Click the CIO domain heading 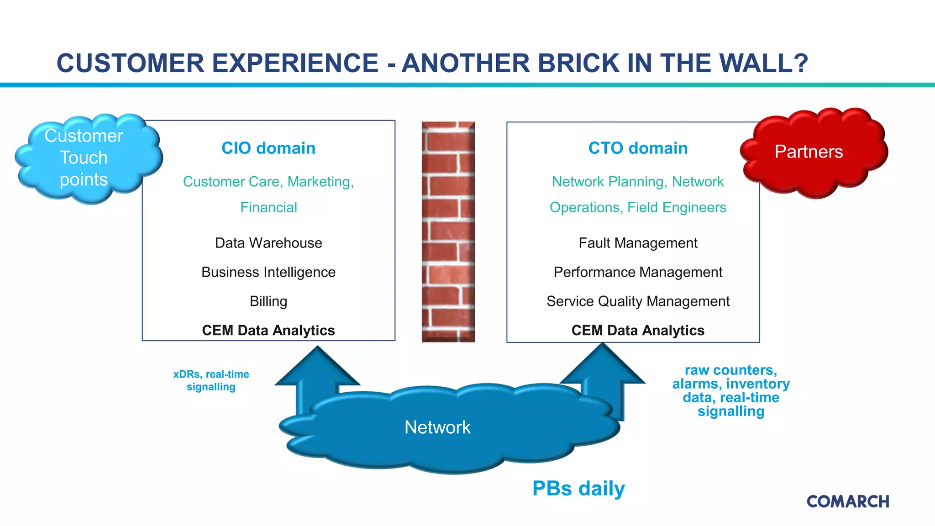point(268,148)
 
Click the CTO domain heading point(638,148)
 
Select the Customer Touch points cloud point(84,158)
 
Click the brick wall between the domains point(448,231)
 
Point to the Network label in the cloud point(437,427)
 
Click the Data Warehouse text point(268,243)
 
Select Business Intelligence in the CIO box point(268,272)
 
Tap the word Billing point(268,301)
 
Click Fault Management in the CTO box point(638,243)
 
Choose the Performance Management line point(638,272)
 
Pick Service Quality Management point(638,301)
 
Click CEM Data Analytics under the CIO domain point(268,330)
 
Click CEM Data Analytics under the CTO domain point(638,330)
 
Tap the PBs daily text point(578,489)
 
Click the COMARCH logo point(848,501)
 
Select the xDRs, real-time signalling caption point(211,380)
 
